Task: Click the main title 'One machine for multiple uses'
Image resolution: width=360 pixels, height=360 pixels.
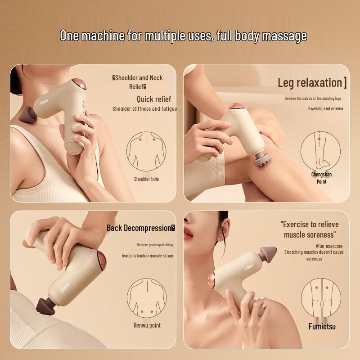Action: pos(183,36)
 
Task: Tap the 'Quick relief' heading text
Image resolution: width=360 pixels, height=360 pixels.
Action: pos(154,99)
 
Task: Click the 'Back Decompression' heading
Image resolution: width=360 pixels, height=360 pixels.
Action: pos(140,228)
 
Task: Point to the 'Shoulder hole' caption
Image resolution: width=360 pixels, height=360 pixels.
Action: pos(146,179)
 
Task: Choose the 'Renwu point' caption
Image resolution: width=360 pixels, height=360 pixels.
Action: pos(147,325)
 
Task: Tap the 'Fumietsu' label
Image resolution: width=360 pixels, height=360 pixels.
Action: pos(322,326)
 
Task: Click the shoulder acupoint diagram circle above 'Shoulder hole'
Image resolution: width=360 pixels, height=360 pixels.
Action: pos(146,151)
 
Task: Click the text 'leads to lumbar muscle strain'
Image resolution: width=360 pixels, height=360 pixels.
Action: pos(147,256)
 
